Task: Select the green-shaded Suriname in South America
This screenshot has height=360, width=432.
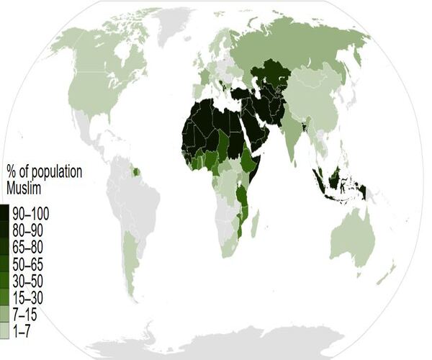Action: (x=132, y=171)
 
